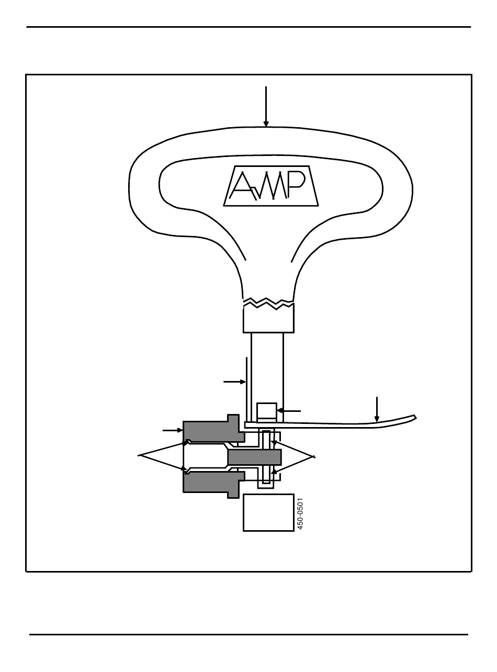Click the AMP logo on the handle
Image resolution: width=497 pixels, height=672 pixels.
pyautogui.click(x=272, y=185)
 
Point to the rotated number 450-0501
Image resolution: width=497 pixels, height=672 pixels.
pyautogui.click(x=300, y=513)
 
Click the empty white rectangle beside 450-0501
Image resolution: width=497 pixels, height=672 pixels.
pyautogui.click(x=268, y=512)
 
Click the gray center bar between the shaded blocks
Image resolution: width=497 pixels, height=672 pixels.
pyautogui.click(x=254, y=457)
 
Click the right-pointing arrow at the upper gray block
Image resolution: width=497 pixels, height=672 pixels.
pyautogui.click(x=173, y=430)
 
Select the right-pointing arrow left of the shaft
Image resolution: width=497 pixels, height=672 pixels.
pyautogui.click(x=234, y=382)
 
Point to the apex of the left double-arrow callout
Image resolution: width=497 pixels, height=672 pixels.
pyautogui.click(x=139, y=456)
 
